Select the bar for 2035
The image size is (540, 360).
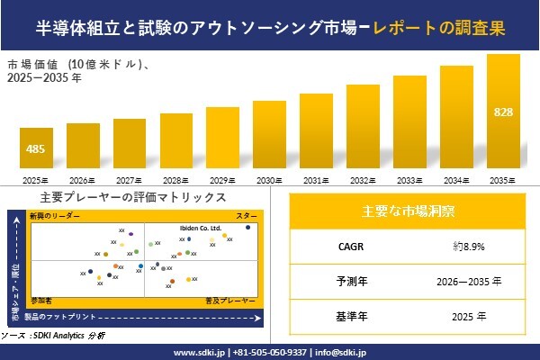[x=503, y=113]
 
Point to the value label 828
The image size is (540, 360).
[x=503, y=112]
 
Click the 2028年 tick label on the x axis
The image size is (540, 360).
[x=176, y=180]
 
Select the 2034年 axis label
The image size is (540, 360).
[x=456, y=180]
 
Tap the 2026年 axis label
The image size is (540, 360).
[x=83, y=180]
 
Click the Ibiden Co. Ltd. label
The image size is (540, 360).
[x=200, y=229]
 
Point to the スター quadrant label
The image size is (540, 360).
[x=247, y=217]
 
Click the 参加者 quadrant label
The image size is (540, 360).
[x=41, y=297]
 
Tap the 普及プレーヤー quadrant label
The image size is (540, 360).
[x=237, y=297]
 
